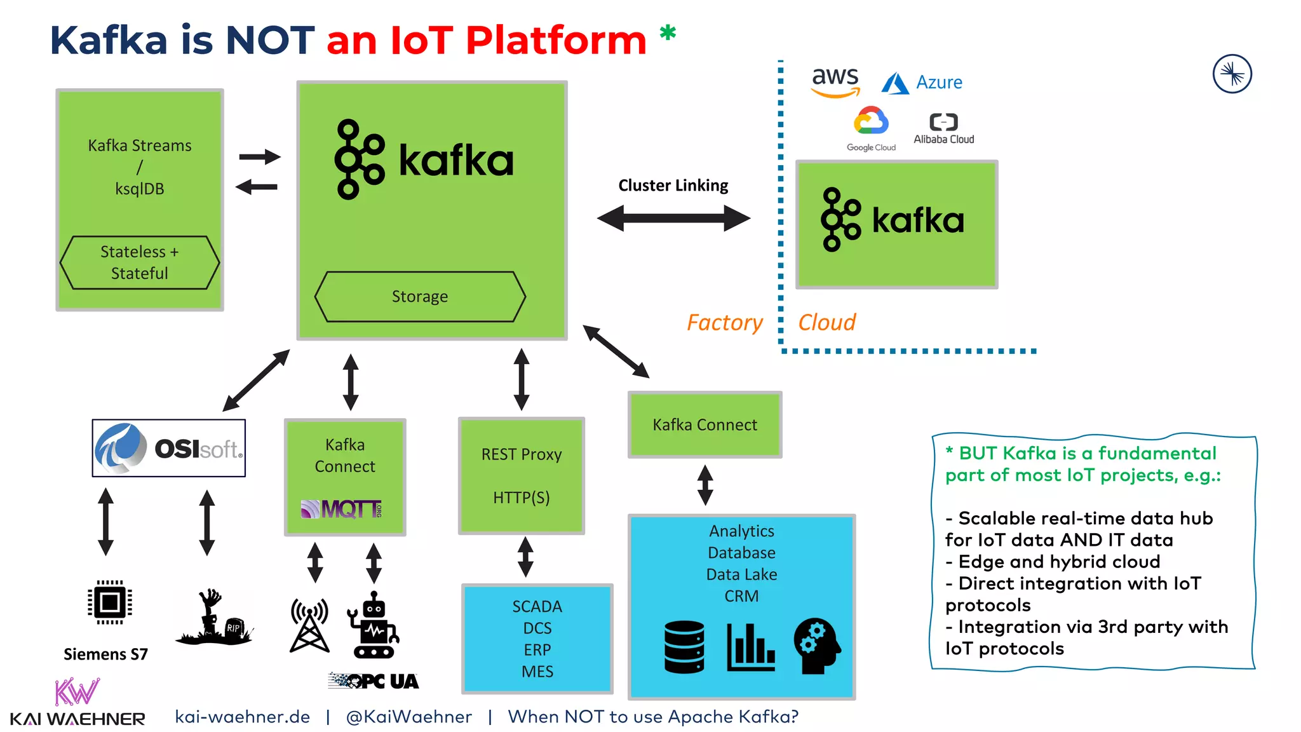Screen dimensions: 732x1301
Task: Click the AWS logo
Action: tap(835, 81)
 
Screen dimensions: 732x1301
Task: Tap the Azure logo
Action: tap(922, 83)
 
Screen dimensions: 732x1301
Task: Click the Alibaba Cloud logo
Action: tap(943, 129)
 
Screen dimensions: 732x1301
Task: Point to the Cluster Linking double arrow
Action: tap(673, 218)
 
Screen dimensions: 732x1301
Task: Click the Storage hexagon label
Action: tap(420, 297)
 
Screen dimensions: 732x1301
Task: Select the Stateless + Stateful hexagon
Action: tap(140, 262)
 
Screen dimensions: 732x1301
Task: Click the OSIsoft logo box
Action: tap(169, 448)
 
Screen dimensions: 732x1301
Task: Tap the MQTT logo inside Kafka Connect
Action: tap(342, 509)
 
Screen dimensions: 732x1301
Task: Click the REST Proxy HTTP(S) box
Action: tap(522, 475)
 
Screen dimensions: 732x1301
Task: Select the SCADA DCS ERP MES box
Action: tap(537, 638)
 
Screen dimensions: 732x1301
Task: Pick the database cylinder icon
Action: tap(684, 646)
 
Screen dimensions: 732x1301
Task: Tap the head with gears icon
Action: tap(817, 646)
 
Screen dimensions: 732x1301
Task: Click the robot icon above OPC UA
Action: tap(374, 626)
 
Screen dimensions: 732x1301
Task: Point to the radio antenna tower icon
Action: tap(309, 626)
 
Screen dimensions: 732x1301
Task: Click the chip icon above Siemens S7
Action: tap(110, 602)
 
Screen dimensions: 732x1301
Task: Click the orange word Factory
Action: tap(724, 323)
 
